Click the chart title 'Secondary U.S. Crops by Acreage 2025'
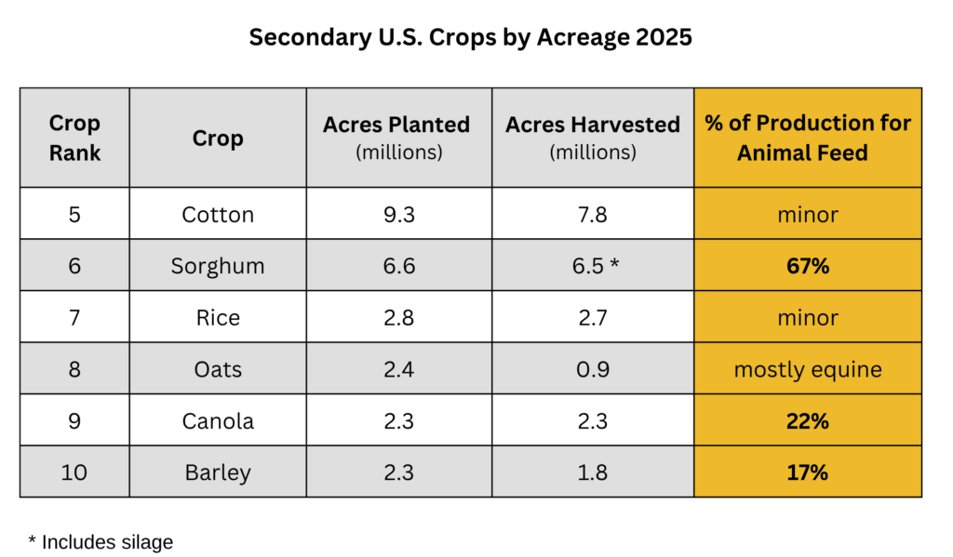point(470,37)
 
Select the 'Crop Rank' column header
point(74,138)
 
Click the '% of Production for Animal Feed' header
point(808,138)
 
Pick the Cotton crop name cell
point(218,215)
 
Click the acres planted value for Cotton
point(398,215)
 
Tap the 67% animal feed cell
point(808,266)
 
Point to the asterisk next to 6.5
point(614,263)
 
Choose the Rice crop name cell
point(218,318)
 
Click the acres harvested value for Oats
point(593,369)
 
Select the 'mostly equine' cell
point(808,370)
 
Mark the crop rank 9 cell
point(74,421)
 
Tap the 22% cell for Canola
point(808,421)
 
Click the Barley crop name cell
point(218,473)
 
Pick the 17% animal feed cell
point(808,472)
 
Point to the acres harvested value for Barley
point(593,472)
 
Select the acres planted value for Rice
point(398,318)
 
